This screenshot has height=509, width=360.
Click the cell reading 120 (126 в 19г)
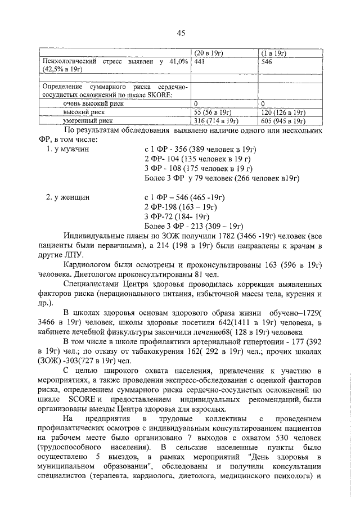click(x=281, y=112)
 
